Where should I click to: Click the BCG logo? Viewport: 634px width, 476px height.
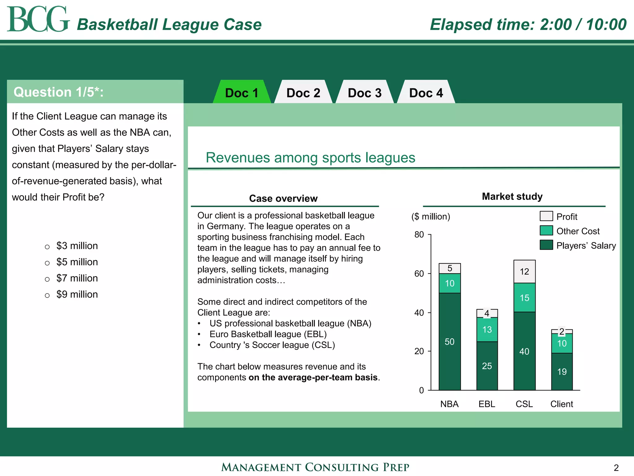pyautogui.click(x=38, y=19)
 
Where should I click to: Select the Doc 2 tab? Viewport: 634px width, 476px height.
pyautogui.click(x=303, y=93)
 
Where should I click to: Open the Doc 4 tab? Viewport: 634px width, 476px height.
pyautogui.click(x=426, y=93)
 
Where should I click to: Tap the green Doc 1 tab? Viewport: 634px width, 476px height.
pyautogui.click(x=242, y=93)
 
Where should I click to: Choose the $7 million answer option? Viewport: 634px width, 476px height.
pyautogui.click(x=47, y=279)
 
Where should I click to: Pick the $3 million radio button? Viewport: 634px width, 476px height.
pyautogui.click(x=47, y=247)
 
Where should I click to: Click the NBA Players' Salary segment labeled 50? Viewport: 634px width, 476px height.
pyautogui.click(x=449, y=342)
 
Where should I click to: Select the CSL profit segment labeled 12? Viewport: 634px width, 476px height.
pyautogui.click(x=524, y=271)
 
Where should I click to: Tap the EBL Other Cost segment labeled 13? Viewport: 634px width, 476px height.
pyautogui.click(x=487, y=329)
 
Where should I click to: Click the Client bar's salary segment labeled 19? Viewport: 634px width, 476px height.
pyautogui.click(x=562, y=371)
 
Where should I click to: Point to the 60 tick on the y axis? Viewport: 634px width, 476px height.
pyautogui.click(x=419, y=274)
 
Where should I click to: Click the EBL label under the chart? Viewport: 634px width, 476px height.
pyautogui.click(x=487, y=404)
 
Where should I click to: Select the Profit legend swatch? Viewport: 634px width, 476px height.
pyautogui.click(x=546, y=216)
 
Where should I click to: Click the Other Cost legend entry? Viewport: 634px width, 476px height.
pyautogui.click(x=578, y=231)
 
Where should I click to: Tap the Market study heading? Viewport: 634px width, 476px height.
pyautogui.click(x=512, y=196)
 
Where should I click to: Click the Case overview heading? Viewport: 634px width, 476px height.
pyautogui.click(x=283, y=198)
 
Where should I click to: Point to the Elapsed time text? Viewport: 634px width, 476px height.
pyautogui.click(x=528, y=24)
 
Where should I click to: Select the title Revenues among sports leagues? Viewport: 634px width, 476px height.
pyautogui.click(x=310, y=157)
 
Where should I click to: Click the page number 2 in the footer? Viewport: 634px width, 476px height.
pyautogui.click(x=616, y=467)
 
